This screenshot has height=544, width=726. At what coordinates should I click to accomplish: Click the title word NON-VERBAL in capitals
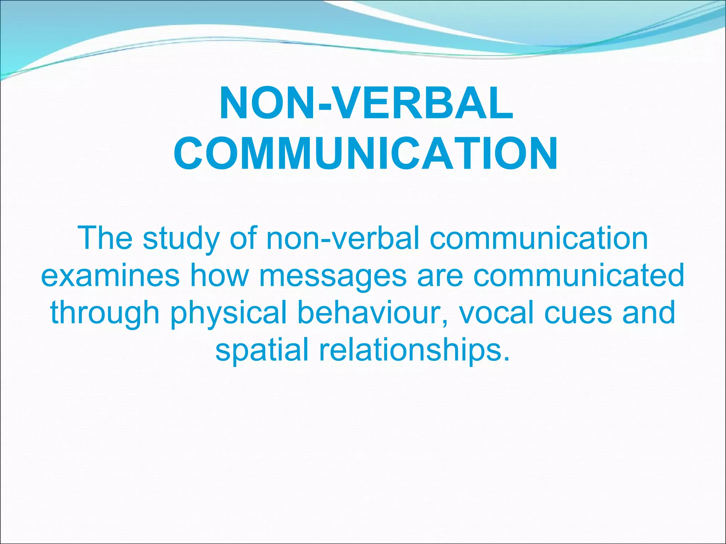coord(366,103)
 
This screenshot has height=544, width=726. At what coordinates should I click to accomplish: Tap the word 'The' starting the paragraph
coord(105,238)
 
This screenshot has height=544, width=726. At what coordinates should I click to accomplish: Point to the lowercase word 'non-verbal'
coord(343,238)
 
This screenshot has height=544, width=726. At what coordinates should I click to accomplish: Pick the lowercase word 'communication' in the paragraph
coord(539,238)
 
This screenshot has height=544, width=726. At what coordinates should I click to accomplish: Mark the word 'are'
coord(440,277)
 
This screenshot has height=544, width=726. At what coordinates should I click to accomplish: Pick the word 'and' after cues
coord(649,312)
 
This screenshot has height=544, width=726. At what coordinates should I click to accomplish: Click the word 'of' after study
coord(243,238)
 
